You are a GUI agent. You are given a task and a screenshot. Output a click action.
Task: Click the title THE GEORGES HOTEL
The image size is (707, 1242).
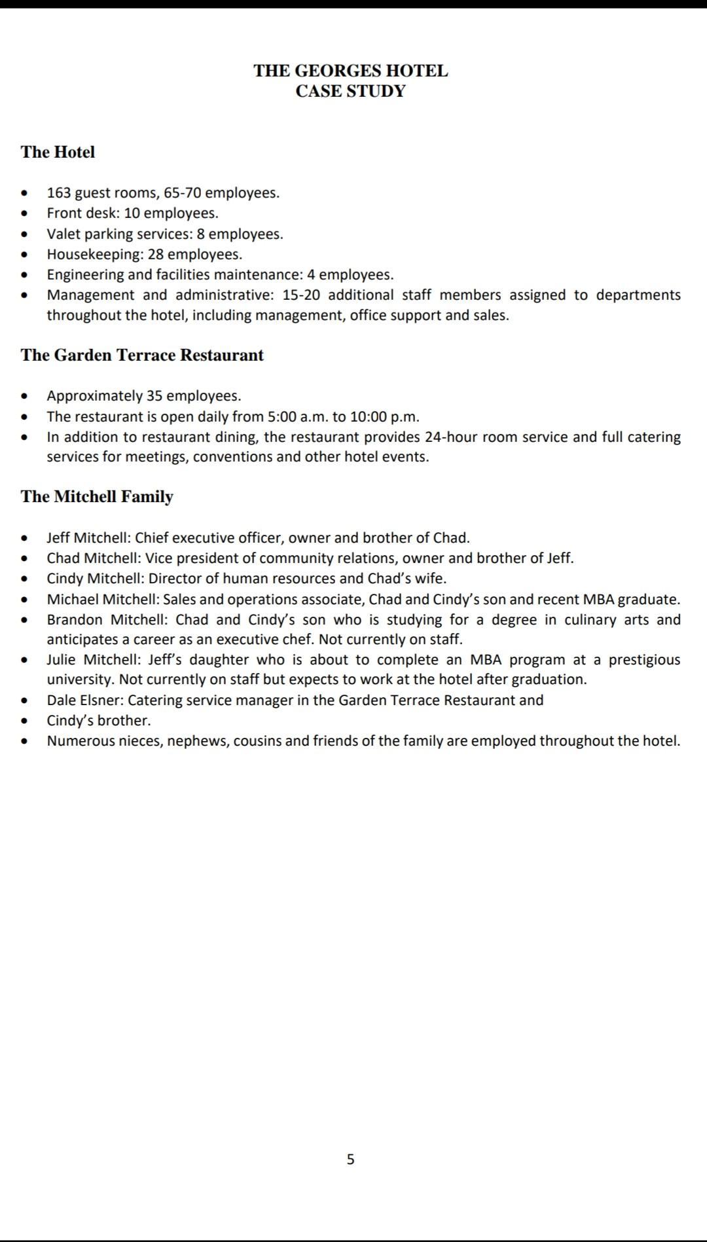[x=350, y=71]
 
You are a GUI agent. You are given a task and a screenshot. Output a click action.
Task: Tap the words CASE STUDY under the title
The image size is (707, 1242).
[x=350, y=91]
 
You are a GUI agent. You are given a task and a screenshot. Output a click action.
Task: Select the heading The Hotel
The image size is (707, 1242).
[x=58, y=152]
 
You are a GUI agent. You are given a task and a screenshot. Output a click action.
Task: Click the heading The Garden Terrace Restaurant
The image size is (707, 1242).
[x=142, y=355]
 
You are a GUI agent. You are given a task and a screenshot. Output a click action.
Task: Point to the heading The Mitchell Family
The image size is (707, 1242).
[x=97, y=496]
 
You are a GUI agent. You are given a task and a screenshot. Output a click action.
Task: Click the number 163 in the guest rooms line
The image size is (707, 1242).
[x=59, y=193]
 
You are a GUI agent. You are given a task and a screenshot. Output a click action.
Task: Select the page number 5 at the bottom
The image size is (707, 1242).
[x=350, y=1160]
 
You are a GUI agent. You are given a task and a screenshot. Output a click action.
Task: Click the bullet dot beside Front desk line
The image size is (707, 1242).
[x=25, y=213]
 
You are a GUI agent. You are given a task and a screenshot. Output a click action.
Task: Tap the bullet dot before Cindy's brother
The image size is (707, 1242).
[x=25, y=721]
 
